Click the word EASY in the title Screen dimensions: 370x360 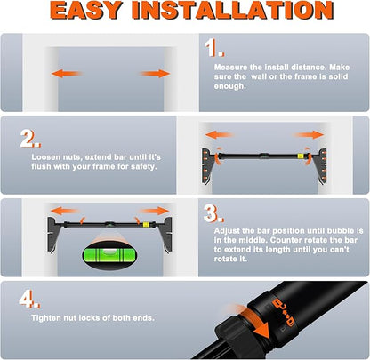coord(86,10)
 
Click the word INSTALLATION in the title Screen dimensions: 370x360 coord(233,10)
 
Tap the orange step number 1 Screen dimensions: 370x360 coord(214,48)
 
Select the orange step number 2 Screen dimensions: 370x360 coord(30,139)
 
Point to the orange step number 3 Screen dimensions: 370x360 coord(213,213)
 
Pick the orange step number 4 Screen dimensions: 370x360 coord(29,300)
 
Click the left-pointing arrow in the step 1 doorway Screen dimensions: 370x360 coord(66,73)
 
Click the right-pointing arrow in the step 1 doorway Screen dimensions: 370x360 coord(155,73)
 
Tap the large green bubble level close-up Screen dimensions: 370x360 coord(109,253)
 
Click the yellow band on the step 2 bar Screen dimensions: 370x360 coord(301,156)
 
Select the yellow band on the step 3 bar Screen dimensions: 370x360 coord(146,224)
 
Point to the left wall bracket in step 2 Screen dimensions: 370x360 coord(208,165)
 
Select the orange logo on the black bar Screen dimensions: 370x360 coord(283,314)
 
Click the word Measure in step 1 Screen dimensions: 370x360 coord(230,68)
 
